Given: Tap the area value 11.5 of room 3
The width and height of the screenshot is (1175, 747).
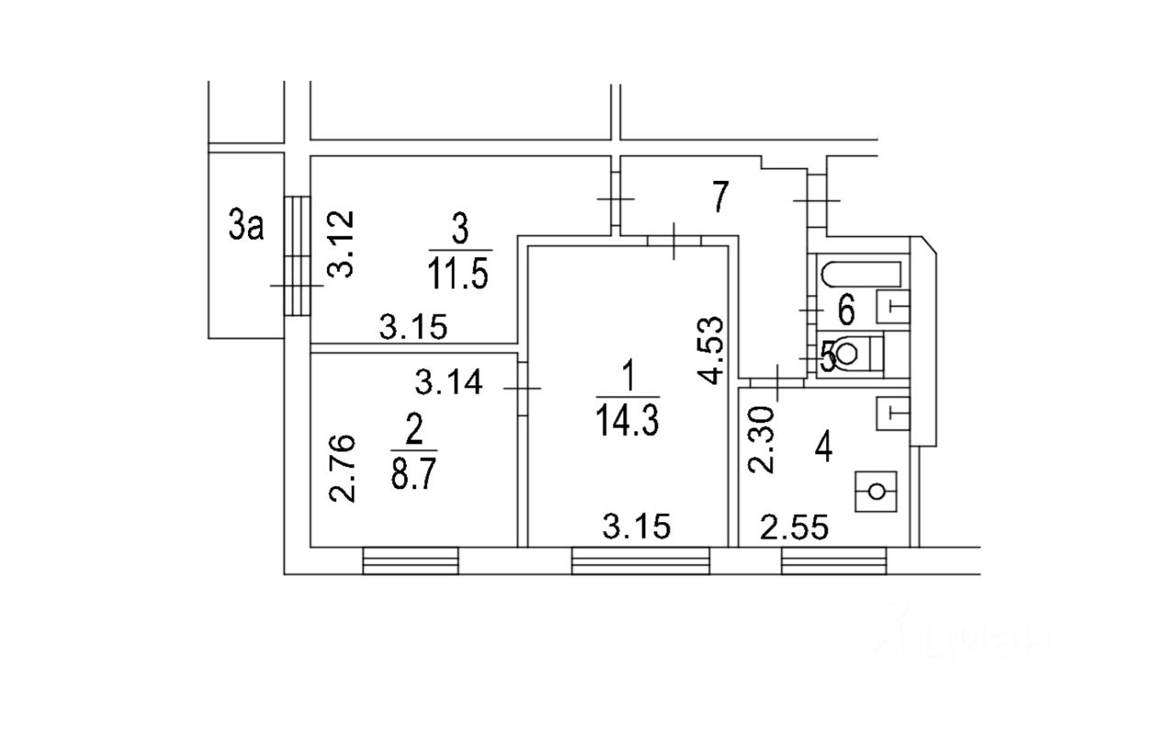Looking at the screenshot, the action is pyautogui.click(x=459, y=273).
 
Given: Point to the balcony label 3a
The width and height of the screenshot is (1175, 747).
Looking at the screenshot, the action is pyautogui.click(x=245, y=225).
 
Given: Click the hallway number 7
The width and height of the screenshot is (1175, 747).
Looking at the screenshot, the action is pyautogui.click(x=721, y=197).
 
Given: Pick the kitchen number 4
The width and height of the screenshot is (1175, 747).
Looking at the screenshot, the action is pyautogui.click(x=824, y=451).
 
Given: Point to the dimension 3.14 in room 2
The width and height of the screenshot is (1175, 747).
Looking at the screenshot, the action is pyautogui.click(x=449, y=381).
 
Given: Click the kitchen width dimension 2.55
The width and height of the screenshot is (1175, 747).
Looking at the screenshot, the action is pyautogui.click(x=795, y=528).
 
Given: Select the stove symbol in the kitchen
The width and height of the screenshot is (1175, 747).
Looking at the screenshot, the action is pyautogui.click(x=876, y=491).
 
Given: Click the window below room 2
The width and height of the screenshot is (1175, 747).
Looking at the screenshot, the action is pyautogui.click(x=410, y=560).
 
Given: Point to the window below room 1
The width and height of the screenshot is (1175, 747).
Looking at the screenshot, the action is pyautogui.click(x=641, y=560).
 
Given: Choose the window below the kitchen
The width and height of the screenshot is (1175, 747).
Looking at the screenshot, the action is pyautogui.click(x=834, y=560).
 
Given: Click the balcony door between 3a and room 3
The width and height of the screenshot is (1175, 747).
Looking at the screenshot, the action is pyautogui.click(x=297, y=255).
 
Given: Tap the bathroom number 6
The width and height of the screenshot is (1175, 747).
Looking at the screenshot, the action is pyautogui.click(x=845, y=311).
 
